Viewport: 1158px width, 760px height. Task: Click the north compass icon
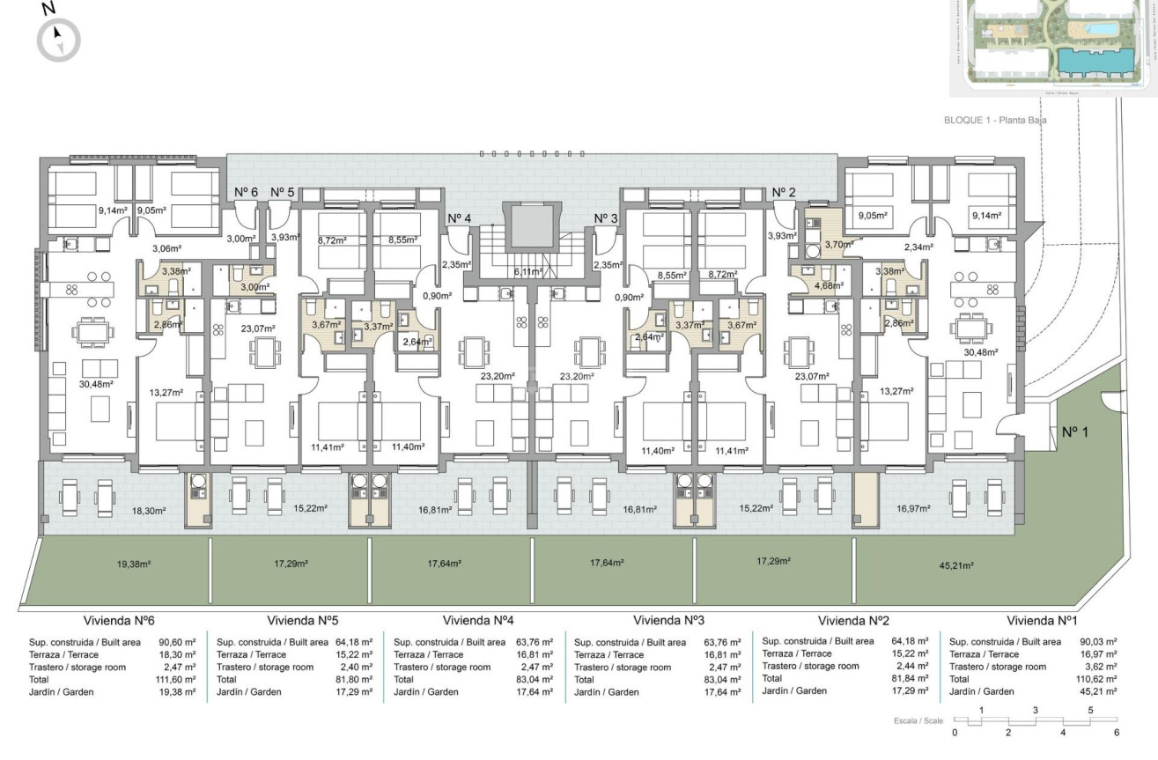click(59, 39)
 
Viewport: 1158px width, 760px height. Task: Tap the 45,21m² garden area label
click(956, 566)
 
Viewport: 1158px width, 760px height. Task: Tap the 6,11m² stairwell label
click(529, 272)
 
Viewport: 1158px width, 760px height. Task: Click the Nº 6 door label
click(246, 193)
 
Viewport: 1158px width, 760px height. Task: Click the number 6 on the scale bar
click(1117, 733)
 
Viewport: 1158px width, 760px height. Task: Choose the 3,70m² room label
click(837, 244)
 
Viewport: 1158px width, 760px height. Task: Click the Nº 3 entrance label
click(607, 218)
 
